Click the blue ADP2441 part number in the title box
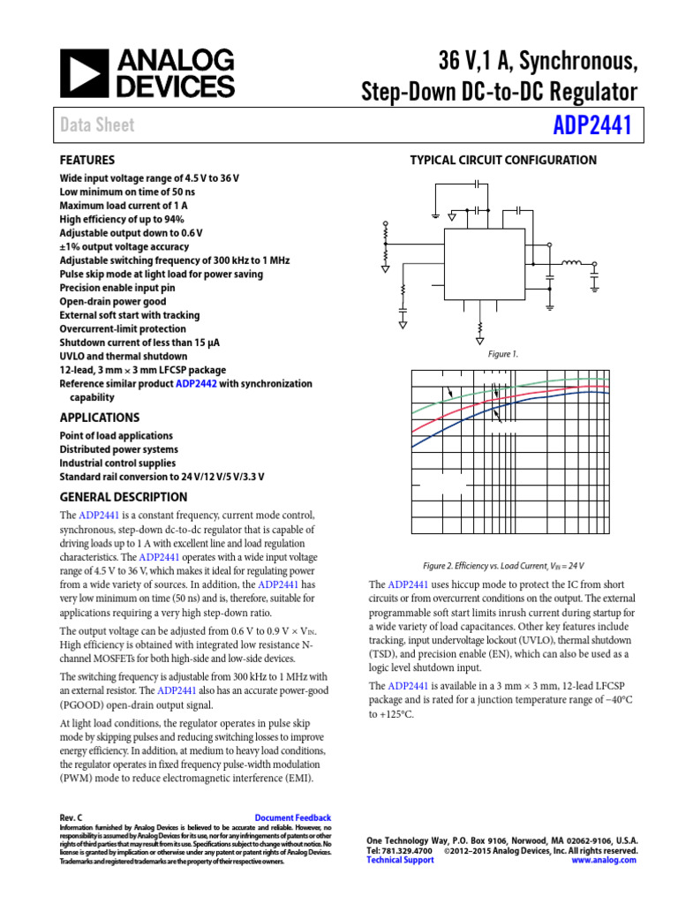click(592, 126)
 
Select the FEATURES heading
click(87, 160)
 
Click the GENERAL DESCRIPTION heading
click(123, 497)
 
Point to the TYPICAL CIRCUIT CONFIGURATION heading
click(503, 160)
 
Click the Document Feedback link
click(292, 818)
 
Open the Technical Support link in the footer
click(400, 860)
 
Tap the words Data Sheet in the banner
click(97, 125)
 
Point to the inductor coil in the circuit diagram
click(572, 262)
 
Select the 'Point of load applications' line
click(116, 436)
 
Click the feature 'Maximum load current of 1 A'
click(123, 206)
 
